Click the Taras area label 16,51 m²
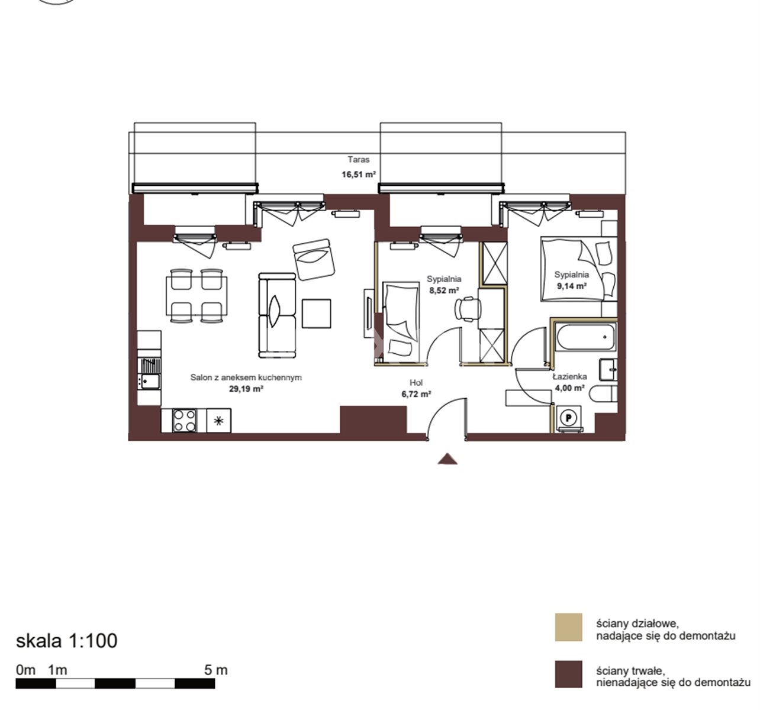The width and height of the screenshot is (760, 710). coord(359,175)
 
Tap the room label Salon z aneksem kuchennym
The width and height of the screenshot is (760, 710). coord(246,377)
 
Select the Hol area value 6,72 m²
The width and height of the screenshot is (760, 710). coord(416,393)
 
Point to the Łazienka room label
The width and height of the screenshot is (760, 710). coord(570,376)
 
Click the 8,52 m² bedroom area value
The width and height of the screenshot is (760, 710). coord(444,291)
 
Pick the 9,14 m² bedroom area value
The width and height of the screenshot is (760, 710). coord(572,286)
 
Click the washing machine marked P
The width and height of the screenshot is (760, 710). coord(568,418)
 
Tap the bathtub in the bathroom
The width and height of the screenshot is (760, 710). coord(586,337)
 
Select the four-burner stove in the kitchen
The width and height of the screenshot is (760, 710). coord(185,421)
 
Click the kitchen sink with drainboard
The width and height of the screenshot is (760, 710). coord(150,373)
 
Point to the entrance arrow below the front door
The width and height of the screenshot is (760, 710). coord(447,459)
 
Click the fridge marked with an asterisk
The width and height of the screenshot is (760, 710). coord(218,421)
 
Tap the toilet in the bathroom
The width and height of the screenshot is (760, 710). coord(603,393)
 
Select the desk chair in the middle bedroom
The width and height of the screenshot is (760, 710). coord(468,308)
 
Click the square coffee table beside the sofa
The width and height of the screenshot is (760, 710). coord(317,314)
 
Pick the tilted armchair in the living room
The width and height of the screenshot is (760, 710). coord(314,259)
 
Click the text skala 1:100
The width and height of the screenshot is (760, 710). coord(66,641)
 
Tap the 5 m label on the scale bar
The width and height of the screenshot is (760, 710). coord(216,670)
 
